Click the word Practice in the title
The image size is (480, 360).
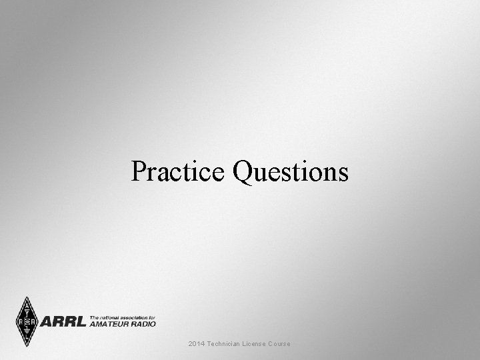178,171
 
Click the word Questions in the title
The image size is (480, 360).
291,173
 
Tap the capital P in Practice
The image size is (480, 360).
139,171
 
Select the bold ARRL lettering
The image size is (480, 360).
63,322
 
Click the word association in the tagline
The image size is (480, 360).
132,317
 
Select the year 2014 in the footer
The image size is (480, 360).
197,344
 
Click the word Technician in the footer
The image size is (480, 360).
227,344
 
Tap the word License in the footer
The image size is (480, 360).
261,344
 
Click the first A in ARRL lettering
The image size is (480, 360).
48,322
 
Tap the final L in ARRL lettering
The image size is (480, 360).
80,322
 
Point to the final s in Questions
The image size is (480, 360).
343,173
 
